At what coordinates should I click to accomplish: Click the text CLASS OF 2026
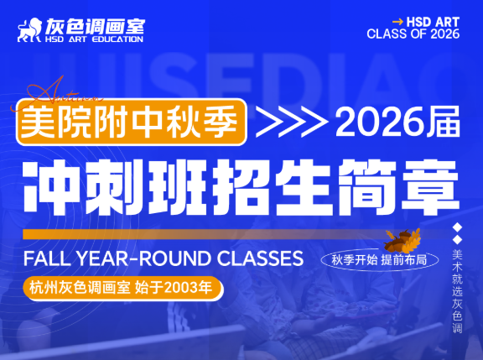(x=413, y=34)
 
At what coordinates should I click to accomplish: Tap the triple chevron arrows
(x=288, y=123)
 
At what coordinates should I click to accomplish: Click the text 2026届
(x=396, y=123)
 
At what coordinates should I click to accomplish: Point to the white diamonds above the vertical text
(x=457, y=234)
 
